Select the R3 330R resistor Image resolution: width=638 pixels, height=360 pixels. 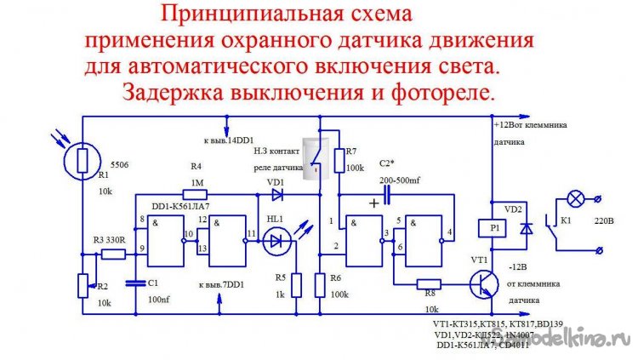pyautogui.click(x=113, y=254)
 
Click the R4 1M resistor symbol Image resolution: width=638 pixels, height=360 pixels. pyautogui.click(x=196, y=193)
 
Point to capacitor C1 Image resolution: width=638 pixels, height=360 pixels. pyautogui.click(x=132, y=280)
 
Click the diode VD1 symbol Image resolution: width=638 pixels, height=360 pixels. pyautogui.click(x=276, y=194)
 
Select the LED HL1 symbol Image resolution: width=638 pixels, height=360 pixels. pyautogui.click(x=274, y=243)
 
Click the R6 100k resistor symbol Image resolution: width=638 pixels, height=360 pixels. pyautogui.click(x=320, y=284)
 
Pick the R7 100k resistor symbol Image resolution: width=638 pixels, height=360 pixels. pyautogui.click(x=339, y=160)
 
